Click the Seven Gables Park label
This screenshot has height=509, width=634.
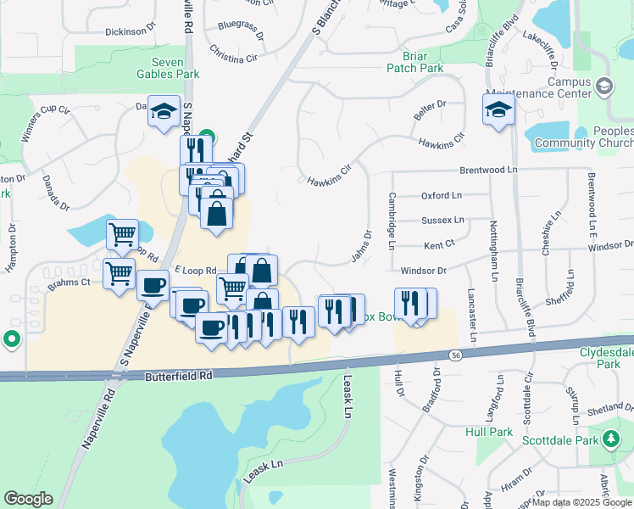[175, 68]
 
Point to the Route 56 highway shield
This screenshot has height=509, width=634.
[456, 355]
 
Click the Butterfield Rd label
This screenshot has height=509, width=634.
[177, 375]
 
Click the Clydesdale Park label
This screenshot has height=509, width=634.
[606, 357]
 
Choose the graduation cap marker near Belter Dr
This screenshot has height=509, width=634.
[498, 109]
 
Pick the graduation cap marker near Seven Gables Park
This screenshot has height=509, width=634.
[164, 111]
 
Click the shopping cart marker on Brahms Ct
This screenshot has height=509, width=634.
[119, 273]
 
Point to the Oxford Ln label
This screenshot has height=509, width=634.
[442, 195]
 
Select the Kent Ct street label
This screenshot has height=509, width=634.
[439, 243]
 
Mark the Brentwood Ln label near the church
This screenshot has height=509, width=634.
[487, 170]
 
